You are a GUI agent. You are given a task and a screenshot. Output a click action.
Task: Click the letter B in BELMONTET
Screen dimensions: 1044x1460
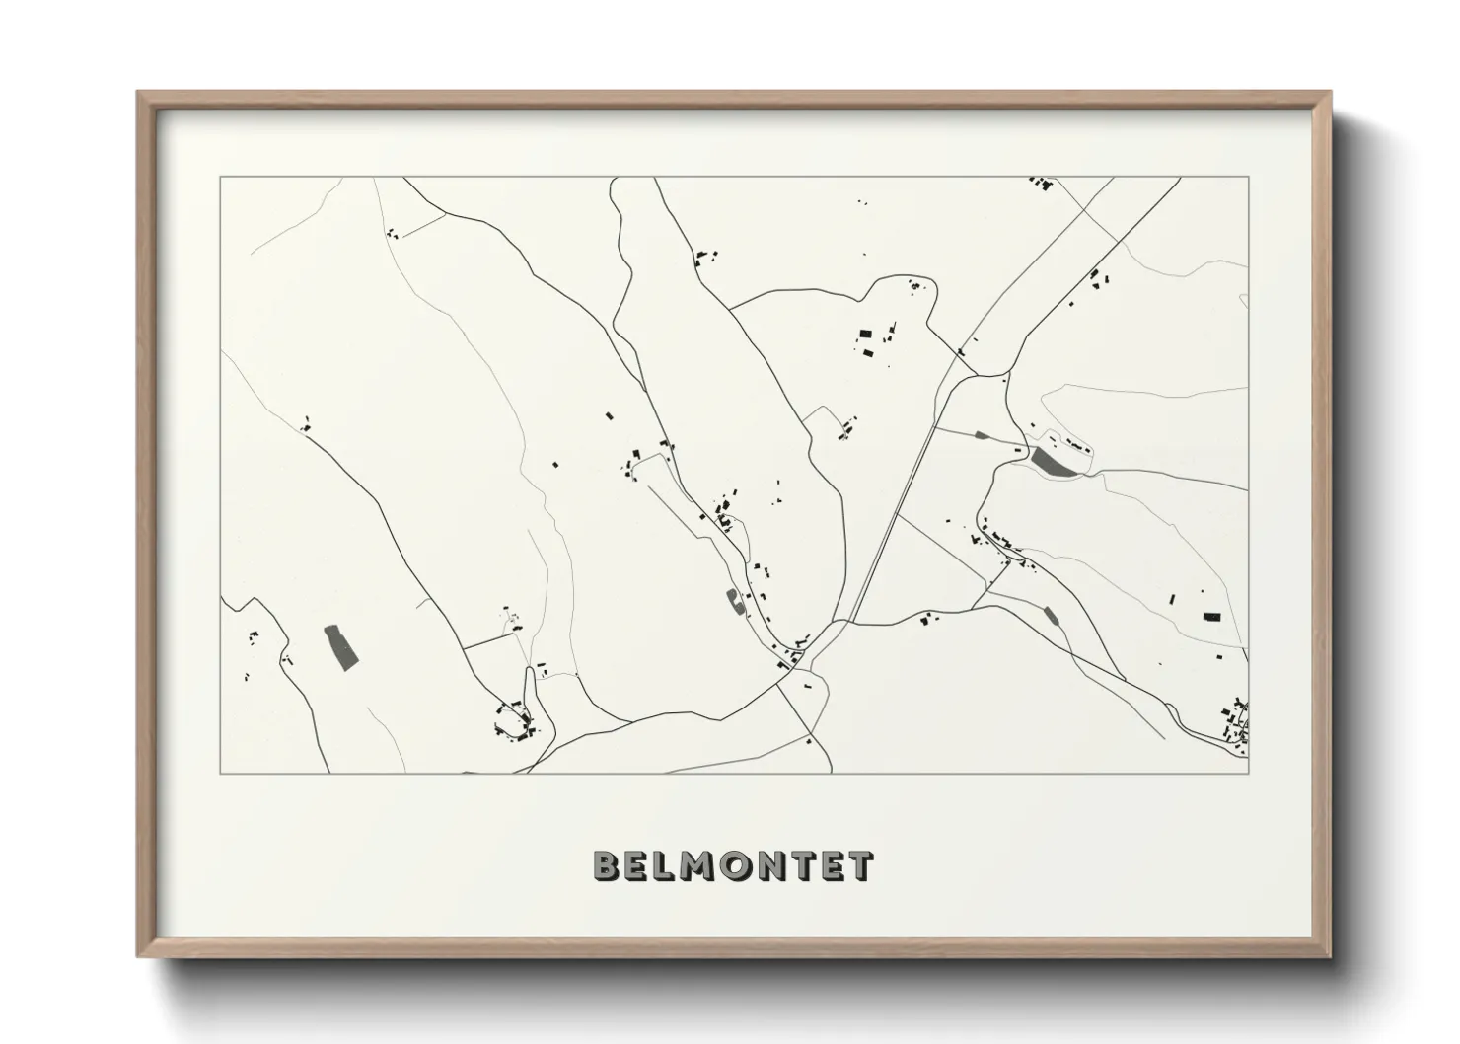pyautogui.click(x=606, y=865)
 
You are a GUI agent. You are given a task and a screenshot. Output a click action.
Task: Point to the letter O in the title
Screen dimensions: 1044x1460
pyautogui.click(x=740, y=865)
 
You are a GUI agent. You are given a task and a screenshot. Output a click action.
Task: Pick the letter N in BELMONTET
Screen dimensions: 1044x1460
pyautogui.click(x=775, y=865)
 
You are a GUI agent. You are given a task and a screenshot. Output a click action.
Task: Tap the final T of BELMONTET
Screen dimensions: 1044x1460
pyautogui.click(x=861, y=865)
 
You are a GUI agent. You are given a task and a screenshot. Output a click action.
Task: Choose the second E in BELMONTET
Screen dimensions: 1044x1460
pyautogui.click(x=833, y=865)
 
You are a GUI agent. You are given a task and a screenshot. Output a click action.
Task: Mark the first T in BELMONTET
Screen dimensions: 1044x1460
pyautogui.click(x=805, y=865)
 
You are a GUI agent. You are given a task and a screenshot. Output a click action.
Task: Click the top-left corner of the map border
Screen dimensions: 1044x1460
pyautogui.click(x=220, y=178)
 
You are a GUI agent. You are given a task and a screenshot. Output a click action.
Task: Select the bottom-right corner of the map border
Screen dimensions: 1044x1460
pyautogui.click(x=1249, y=773)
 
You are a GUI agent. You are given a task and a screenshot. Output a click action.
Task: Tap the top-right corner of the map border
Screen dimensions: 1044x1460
pyautogui.click(x=1249, y=178)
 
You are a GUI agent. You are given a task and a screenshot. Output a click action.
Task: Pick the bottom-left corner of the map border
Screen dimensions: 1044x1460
pyautogui.click(x=220, y=773)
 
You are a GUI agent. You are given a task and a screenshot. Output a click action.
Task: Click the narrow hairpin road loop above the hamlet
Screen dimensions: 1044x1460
pyautogui.click(x=529, y=682)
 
